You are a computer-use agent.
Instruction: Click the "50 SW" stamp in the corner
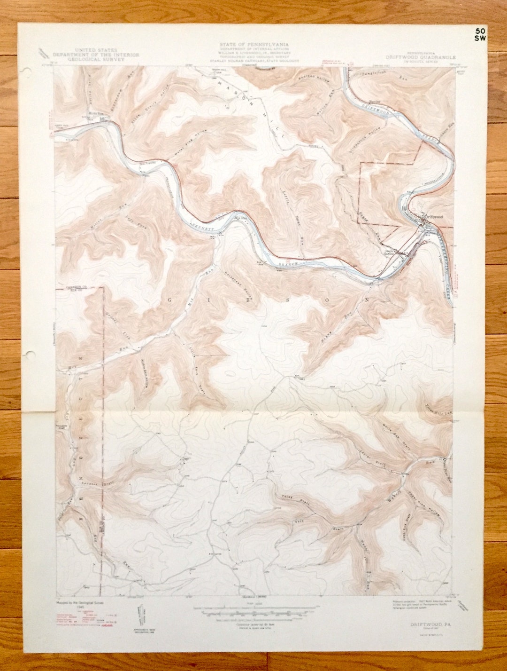[x=480, y=35]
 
